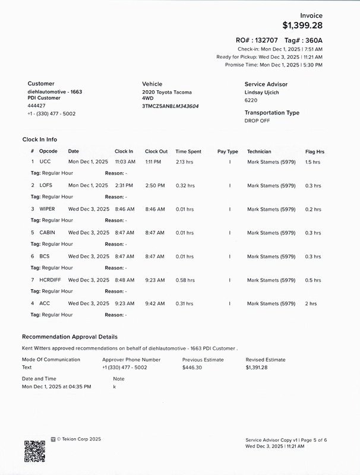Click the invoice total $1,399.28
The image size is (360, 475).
point(303,26)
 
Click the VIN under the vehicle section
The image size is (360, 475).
point(170,106)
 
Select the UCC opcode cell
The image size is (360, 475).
point(45,161)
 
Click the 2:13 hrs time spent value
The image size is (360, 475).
point(185,161)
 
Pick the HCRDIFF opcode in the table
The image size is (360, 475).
point(50,280)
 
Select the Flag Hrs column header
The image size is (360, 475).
point(314,151)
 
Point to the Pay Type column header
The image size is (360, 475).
point(228,151)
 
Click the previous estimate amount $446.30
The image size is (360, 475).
point(192,368)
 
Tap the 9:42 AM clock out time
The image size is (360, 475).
point(155,303)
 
